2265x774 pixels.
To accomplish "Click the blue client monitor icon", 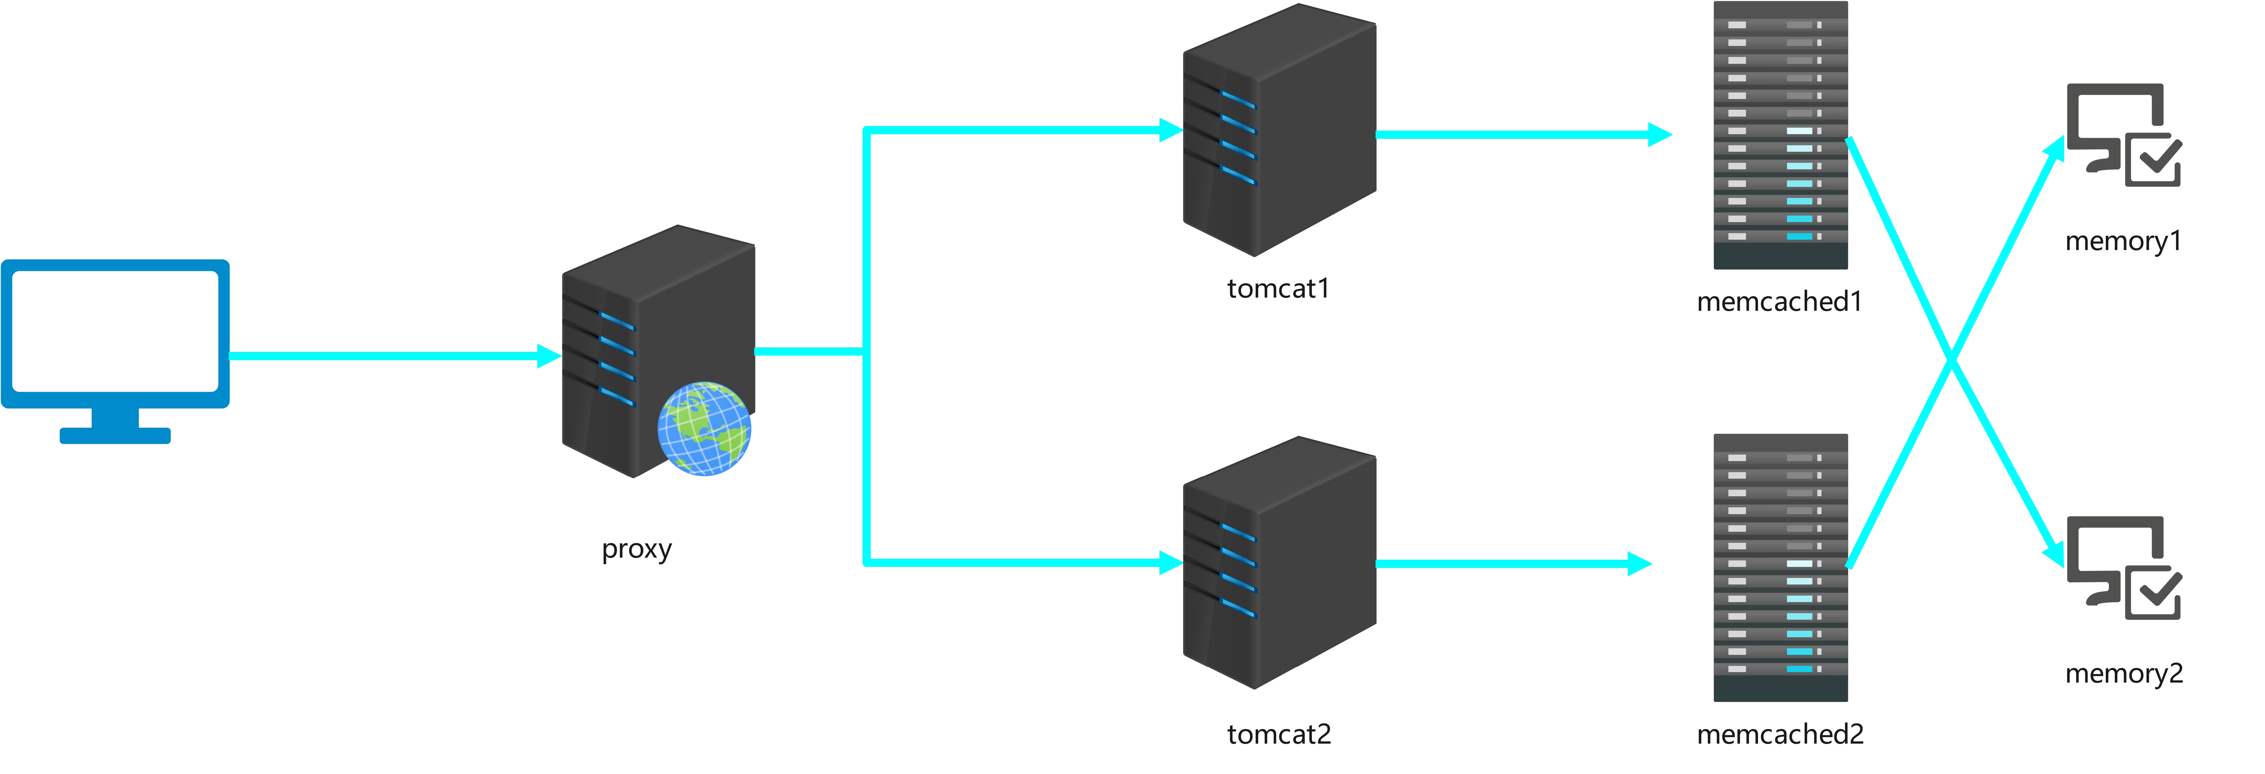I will point(115,334).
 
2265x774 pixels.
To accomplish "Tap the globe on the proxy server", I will point(704,428).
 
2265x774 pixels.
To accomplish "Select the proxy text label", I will point(637,549).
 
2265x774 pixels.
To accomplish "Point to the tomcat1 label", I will point(1278,288).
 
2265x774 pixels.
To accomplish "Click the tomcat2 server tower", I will point(1279,563).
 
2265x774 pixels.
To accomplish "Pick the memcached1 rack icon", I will point(1780,134).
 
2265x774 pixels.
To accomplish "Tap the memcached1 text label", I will point(1780,302).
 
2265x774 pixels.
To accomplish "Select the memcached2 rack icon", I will point(1780,567).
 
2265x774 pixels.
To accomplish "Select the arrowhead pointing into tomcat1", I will point(1171,130).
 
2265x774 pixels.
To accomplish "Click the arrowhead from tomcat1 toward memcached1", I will point(1659,134).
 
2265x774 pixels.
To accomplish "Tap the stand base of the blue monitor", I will point(115,435).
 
